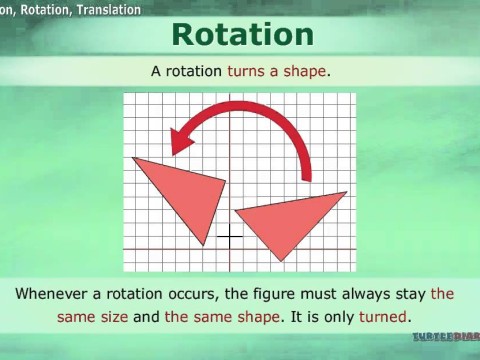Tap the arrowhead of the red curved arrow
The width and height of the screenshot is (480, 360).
pyautogui.click(x=181, y=141)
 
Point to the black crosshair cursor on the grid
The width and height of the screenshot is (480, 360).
pyautogui.click(x=230, y=237)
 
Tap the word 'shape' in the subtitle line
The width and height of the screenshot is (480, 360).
pyautogui.click(x=305, y=72)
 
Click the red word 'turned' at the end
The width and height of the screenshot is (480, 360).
pyautogui.click(x=381, y=317)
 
